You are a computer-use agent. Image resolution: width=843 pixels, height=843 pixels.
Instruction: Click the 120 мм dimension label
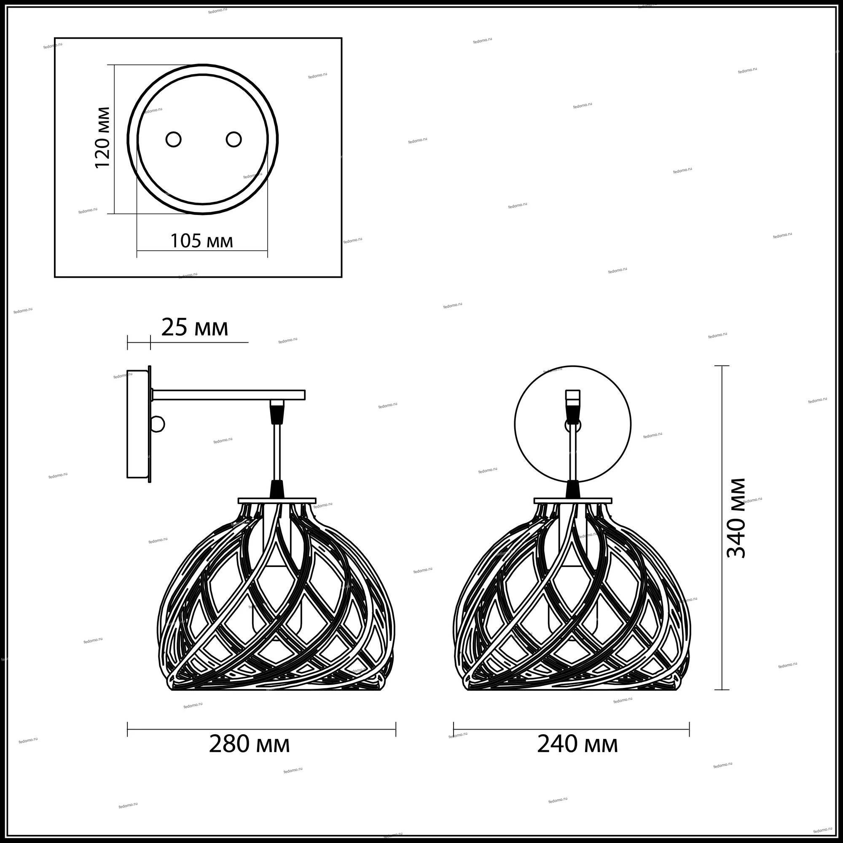102,137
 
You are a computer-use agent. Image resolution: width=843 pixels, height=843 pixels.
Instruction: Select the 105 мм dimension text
201,241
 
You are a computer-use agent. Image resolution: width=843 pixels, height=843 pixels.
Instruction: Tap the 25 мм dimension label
195,328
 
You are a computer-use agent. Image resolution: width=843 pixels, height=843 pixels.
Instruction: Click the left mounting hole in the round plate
174,139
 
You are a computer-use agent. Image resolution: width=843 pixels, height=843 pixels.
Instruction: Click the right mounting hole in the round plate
234,139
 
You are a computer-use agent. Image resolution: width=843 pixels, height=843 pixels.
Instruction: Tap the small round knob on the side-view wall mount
158,424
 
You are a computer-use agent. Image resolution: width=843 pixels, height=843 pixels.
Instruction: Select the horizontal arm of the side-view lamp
228,395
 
